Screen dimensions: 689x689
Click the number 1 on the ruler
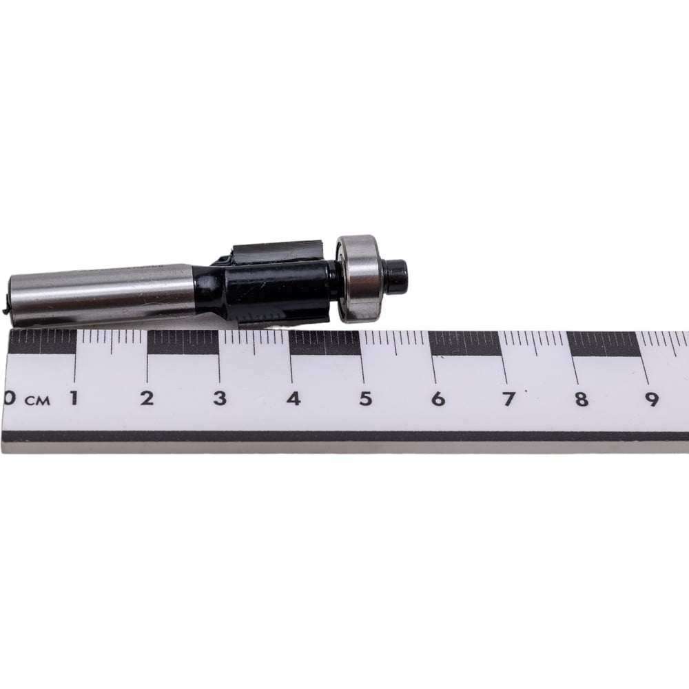74,398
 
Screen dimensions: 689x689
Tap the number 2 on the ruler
147,398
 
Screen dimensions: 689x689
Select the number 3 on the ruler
220,398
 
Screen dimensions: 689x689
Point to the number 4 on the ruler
293,398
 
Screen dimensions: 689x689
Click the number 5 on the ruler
366,398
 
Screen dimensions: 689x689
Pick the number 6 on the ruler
438,399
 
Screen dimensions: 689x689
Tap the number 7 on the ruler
509,399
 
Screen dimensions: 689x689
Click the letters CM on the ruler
37,401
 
